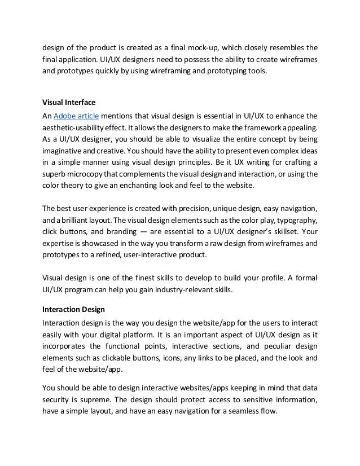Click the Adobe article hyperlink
(x=76, y=116)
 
